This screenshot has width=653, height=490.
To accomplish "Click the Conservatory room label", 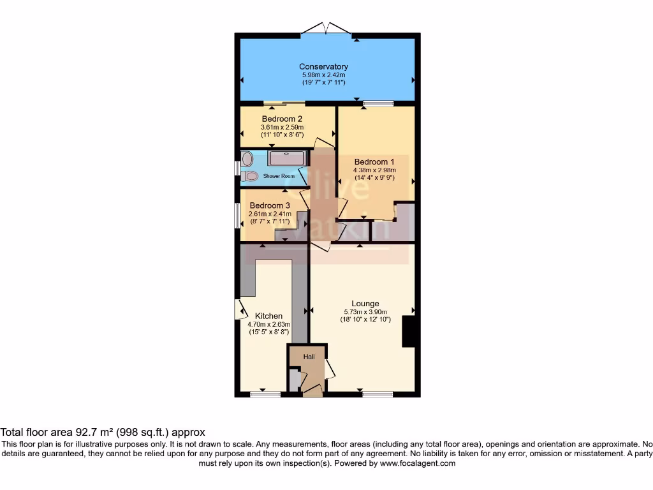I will [323, 66].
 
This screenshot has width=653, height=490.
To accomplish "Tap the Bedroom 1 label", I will [375, 161].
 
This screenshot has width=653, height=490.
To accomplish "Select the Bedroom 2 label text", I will [282, 119].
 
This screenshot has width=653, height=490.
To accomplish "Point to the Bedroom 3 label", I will [270, 205].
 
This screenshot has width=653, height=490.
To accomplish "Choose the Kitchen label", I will [268, 316].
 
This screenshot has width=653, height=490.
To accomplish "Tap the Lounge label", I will [365, 303].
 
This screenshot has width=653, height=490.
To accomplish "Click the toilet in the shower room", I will [251, 175].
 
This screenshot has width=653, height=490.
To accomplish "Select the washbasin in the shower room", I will [247, 159].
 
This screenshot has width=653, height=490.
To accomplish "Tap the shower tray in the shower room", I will [288, 158].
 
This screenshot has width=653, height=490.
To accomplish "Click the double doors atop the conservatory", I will [326, 29].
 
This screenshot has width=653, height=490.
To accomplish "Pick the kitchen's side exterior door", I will [240, 309].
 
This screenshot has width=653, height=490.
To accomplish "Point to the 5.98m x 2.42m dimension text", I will [323, 75].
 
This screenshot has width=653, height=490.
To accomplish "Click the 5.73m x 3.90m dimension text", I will [365, 311].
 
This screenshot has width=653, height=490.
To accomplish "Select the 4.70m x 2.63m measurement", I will [268, 324].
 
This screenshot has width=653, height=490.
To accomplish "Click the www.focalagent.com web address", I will [418, 463].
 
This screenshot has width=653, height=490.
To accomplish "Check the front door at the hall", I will [312, 389].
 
